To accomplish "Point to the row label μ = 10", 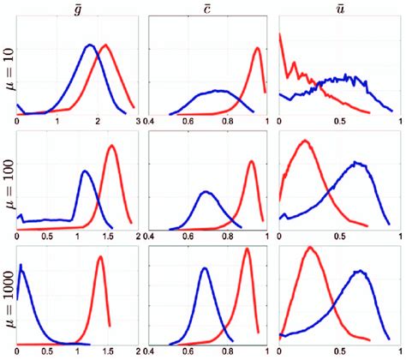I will [x=8, y=69].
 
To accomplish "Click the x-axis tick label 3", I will [x=137, y=122].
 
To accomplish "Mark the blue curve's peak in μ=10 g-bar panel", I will [x=89, y=45].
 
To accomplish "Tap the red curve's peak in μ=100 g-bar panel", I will [x=112, y=146].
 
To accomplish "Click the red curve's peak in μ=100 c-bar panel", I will [x=252, y=160].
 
